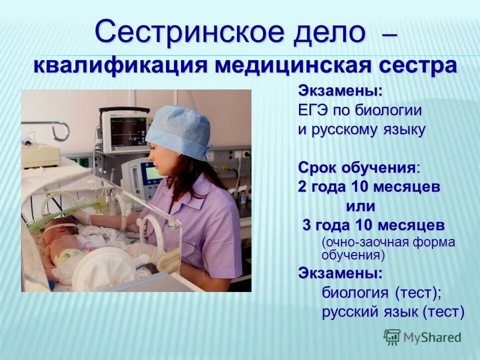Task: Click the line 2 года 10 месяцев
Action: [x=369, y=187]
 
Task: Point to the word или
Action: [x=360, y=205]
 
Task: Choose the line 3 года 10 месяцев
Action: [x=373, y=225]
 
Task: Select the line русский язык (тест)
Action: [x=393, y=312]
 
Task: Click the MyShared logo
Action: [x=422, y=337]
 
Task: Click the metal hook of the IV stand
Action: [x=59, y=131]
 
